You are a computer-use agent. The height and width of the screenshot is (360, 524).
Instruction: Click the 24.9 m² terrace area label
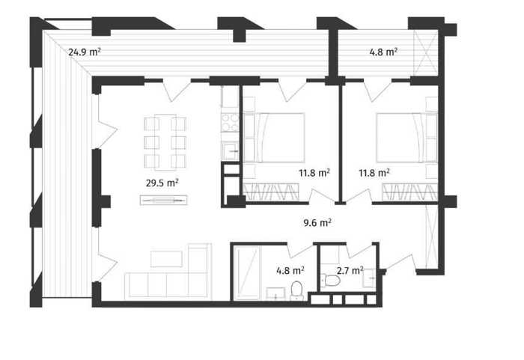click(x=85, y=52)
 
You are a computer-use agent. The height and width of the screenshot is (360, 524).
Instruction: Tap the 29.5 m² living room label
click(x=162, y=183)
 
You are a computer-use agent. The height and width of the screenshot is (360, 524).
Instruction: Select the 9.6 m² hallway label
click(x=317, y=222)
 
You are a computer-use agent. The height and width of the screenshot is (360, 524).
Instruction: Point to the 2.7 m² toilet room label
click(x=350, y=270)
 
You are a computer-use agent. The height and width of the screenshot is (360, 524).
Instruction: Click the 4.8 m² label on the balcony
click(x=383, y=52)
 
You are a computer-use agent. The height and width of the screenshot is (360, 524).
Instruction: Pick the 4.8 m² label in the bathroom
click(x=290, y=270)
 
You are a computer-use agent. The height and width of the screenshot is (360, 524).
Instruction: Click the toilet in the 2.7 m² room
click(x=332, y=280)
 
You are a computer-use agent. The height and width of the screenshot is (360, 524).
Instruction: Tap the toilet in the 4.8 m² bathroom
click(x=296, y=290)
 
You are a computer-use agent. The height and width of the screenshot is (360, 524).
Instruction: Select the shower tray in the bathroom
click(x=247, y=272)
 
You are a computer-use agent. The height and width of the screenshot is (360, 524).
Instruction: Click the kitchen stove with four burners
click(x=231, y=122)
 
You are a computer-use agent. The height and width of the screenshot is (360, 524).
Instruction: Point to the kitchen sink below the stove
click(x=231, y=150)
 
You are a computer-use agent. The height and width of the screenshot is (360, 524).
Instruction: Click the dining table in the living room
click(x=165, y=142)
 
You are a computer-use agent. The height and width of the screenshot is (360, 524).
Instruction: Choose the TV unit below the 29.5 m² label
click(x=163, y=200)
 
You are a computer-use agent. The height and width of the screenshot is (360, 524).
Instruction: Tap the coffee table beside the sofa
click(x=166, y=259)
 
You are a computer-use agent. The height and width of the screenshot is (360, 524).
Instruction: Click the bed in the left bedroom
click(x=274, y=138)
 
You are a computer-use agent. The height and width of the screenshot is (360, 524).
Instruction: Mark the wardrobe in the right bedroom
click(x=410, y=192)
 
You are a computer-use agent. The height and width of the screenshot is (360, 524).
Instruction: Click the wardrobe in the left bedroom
click(x=271, y=192)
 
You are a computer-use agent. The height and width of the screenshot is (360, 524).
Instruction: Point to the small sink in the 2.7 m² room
click(x=370, y=278)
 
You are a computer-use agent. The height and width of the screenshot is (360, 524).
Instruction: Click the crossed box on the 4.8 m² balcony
click(x=426, y=52)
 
